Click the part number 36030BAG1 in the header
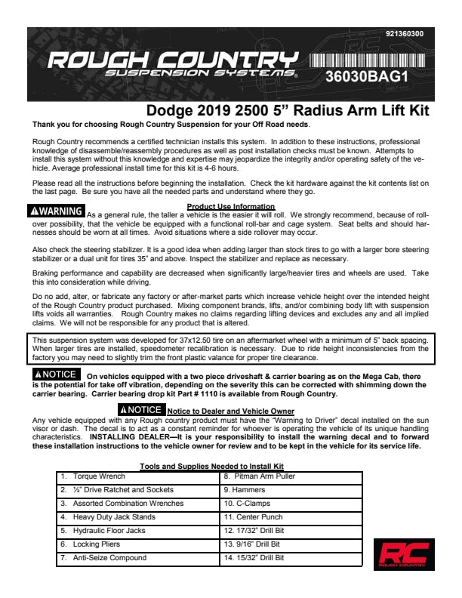click(366, 76)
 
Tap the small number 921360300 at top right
click(404, 34)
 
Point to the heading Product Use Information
click(230, 206)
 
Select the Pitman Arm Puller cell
click(291, 476)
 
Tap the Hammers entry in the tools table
click(291, 490)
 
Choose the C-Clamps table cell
click(291, 504)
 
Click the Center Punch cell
click(291, 517)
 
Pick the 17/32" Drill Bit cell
click(291, 531)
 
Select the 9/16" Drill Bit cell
click(291, 544)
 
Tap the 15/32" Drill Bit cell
click(291, 558)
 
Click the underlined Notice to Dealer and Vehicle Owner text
click(230, 410)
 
